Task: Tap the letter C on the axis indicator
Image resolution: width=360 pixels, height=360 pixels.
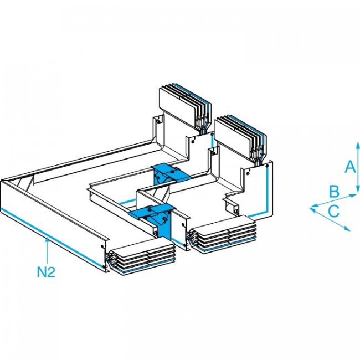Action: [x=333, y=211]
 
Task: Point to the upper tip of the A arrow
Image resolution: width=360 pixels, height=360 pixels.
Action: [x=358, y=143]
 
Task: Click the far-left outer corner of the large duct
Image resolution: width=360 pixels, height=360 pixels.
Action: [x=2, y=181]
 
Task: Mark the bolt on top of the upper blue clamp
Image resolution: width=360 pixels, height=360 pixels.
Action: [x=173, y=172]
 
